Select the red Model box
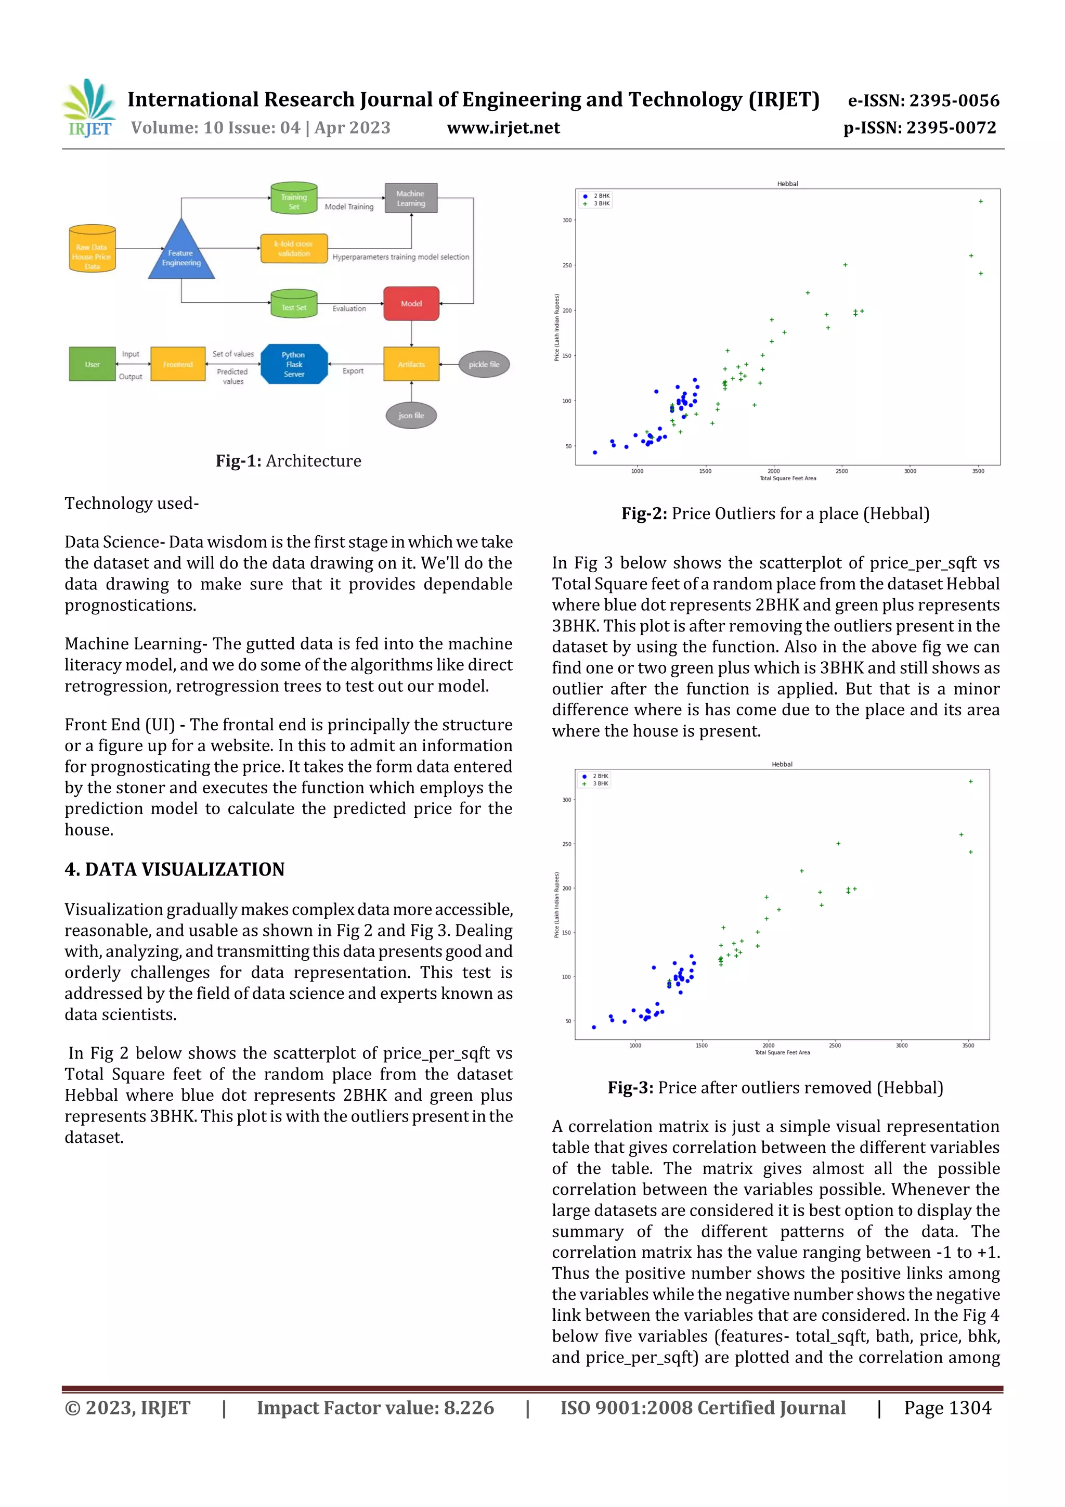click(411, 303)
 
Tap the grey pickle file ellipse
click(484, 364)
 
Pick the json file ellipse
click(411, 416)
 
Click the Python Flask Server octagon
click(294, 364)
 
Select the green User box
click(92, 364)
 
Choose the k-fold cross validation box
click(293, 249)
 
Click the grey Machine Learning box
click(411, 198)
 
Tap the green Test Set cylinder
click(294, 304)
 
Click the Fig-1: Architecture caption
click(288, 461)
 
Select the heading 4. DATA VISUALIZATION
click(175, 869)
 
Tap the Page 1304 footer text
click(947, 1408)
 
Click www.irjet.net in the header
click(503, 128)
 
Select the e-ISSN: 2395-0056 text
click(923, 100)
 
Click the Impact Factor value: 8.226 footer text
click(375, 1408)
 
